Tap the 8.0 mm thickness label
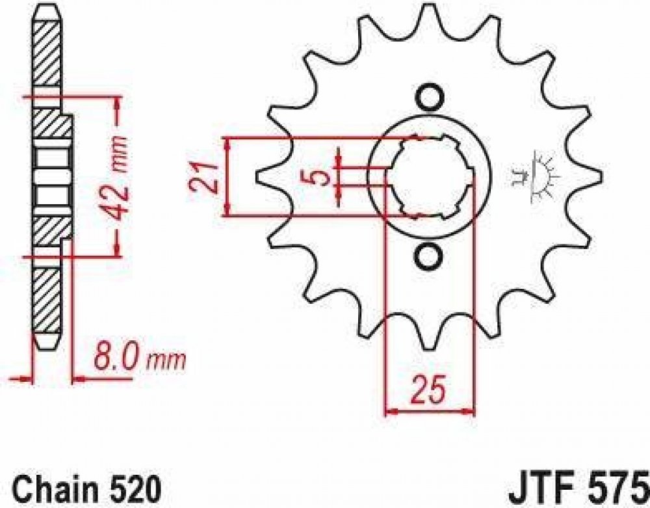tap(140, 354)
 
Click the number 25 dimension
tap(430, 390)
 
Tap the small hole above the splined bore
tap(428, 98)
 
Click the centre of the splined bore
tap(430, 177)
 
